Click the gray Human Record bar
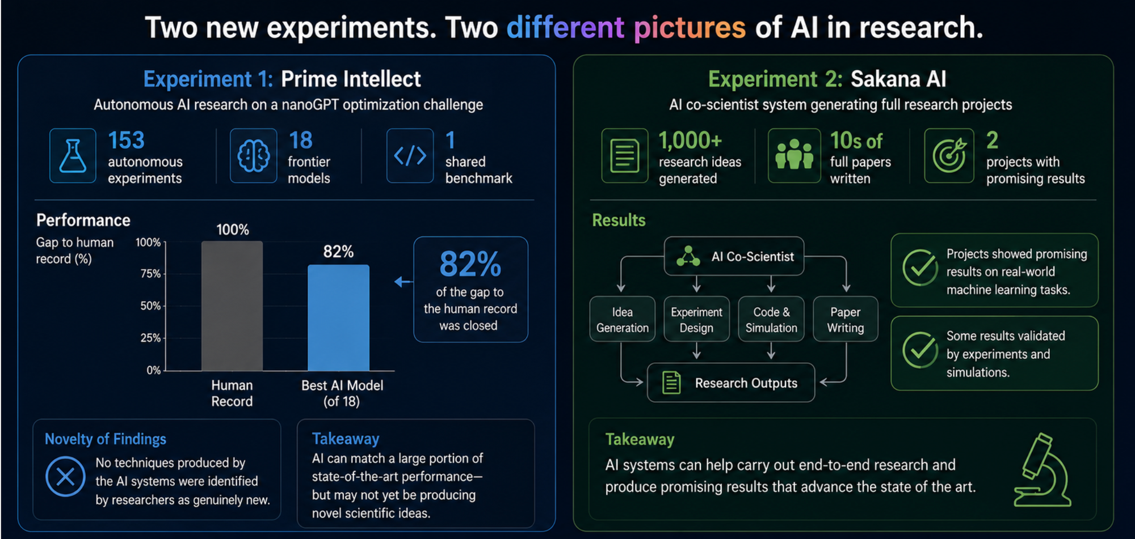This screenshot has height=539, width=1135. tap(232, 306)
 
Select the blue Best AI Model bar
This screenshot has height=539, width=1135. tap(338, 318)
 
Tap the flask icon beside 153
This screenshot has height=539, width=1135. tap(73, 155)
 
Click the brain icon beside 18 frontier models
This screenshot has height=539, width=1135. tap(253, 155)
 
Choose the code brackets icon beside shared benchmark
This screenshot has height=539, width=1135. tap(410, 155)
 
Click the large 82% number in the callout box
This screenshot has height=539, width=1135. tap(470, 264)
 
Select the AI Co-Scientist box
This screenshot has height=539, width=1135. tap(734, 256)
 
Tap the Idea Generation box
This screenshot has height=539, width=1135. tap(622, 319)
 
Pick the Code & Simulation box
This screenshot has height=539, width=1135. tap(771, 319)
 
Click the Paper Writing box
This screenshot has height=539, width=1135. tap(846, 319)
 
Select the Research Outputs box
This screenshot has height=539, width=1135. tap(731, 383)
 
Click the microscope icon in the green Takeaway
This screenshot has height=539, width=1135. tap(1042, 470)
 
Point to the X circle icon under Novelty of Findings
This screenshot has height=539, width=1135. tap(65, 476)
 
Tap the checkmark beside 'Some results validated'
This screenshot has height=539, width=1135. tap(920, 350)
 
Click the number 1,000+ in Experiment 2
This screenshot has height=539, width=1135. tap(690, 141)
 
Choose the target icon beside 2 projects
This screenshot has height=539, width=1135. tap(949, 155)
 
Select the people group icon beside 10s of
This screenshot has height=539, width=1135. tap(794, 155)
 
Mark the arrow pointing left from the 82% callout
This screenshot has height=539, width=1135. tap(403, 282)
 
